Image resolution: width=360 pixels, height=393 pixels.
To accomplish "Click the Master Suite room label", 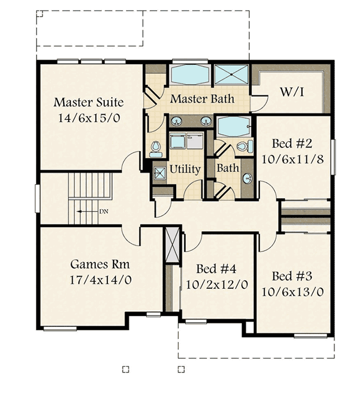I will click(x=89, y=103).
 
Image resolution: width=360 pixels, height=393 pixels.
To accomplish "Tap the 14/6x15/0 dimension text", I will click(x=89, y=118).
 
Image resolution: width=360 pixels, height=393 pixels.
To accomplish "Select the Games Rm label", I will click(x=101, y=264).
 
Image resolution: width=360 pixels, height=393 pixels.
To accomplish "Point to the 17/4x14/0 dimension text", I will click(x=101, y=279).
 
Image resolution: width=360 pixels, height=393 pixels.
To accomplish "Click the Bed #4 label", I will click(x=217, y=269).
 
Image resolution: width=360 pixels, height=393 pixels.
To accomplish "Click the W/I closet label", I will click(x=291, y=92).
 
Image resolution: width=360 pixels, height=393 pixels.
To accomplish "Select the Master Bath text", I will click(x=202, y=99).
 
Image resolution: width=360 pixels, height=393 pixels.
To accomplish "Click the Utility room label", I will click(x=185, y=169).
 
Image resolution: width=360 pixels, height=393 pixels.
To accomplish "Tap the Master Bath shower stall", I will click(x=232, y=75).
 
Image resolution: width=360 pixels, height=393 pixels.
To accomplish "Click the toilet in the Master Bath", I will click(x=155, y=147).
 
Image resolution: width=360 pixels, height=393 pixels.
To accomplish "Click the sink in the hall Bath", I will click(x=247, y=178).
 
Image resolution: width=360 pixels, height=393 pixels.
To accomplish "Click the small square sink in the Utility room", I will click(x=159, y=172).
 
